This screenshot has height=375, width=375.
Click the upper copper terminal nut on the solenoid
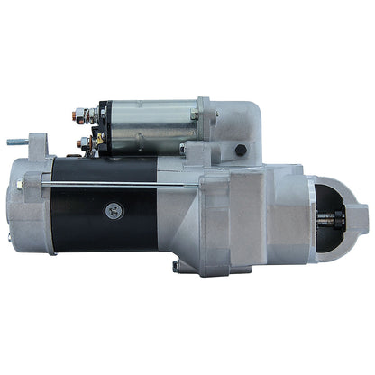(81, 115)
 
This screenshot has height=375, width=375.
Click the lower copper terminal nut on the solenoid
(84, 142)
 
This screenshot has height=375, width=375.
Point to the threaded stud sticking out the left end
(17, 142)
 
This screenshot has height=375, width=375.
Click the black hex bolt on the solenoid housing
(240, 151)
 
